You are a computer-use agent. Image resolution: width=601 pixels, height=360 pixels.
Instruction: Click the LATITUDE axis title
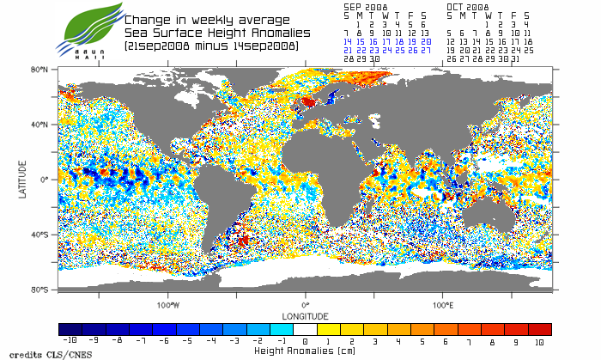[x=23, y=180]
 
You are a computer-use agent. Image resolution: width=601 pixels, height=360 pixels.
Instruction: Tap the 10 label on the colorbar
[x=539, y=341]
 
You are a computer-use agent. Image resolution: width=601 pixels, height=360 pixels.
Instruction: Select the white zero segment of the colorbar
[x=306, y=329]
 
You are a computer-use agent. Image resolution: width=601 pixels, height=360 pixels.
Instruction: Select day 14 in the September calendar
[x=347, y=41]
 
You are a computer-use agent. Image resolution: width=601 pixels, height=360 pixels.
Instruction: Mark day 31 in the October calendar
[x=514, y=58]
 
